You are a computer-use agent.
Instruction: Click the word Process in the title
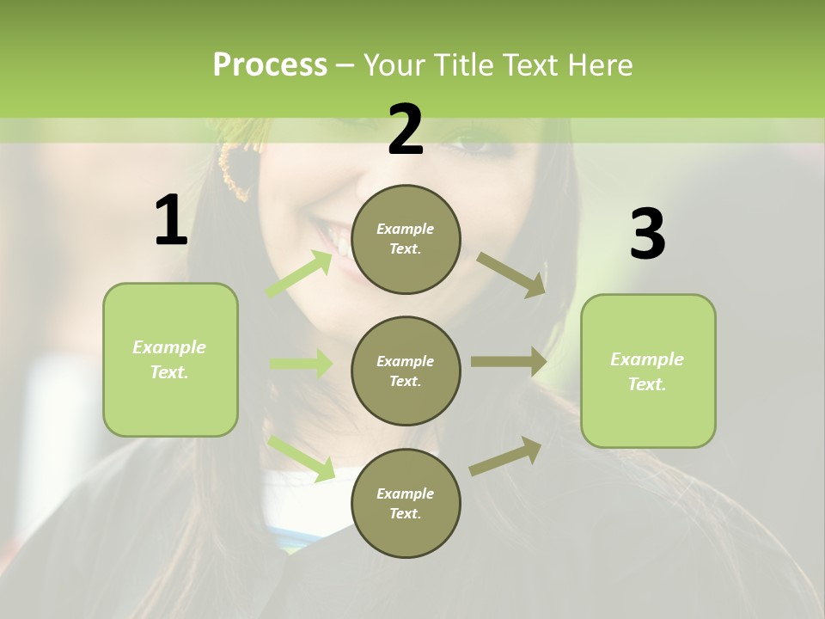click(270, 65)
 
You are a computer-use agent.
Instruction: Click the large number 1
click(171, 221)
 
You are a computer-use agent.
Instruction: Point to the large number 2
click(406, 130)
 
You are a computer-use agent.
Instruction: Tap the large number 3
click(647, 235)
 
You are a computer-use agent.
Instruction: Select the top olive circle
click(406, 239)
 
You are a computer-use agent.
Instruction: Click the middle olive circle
click(406, 371)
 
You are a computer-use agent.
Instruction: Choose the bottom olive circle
click(406, 503)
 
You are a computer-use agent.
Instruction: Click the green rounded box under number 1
click(170, 359)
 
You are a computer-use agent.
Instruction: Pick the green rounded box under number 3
click(648, 371)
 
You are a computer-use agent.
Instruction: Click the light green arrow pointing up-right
click(300, 274)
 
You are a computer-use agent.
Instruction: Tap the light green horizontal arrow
click(301, 364)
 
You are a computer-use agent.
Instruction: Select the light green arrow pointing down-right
click(302, 457)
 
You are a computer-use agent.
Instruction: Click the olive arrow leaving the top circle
click(511, 274)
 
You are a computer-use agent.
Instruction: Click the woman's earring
click(234, 171)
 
